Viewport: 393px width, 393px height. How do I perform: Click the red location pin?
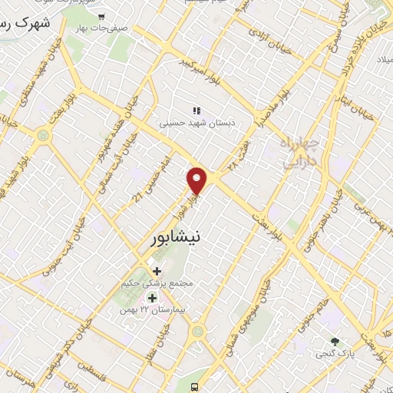pyautogui.click(x=198, y=180)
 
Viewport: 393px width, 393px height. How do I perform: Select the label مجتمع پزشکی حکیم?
pyautogui.click(x=158, y=283)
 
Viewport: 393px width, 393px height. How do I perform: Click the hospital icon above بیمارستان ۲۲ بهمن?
pyautogui.click(x=152, y=297)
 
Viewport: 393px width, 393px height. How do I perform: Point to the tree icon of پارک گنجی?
pyautogui.click(x=334, y=341)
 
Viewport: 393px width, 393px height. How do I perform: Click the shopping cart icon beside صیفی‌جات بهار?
pyautogui.click(x=101, y=16)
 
